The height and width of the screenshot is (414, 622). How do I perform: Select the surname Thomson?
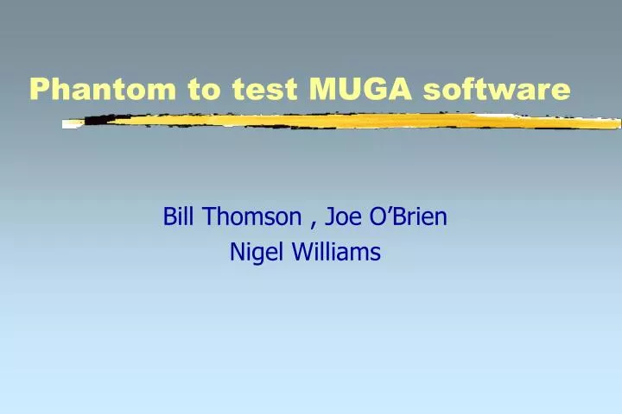[254, 217]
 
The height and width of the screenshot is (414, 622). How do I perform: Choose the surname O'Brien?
[409, 217]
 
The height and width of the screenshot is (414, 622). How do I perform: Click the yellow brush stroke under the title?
[346, 122]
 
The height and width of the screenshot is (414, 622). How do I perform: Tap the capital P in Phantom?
[38, 89]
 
